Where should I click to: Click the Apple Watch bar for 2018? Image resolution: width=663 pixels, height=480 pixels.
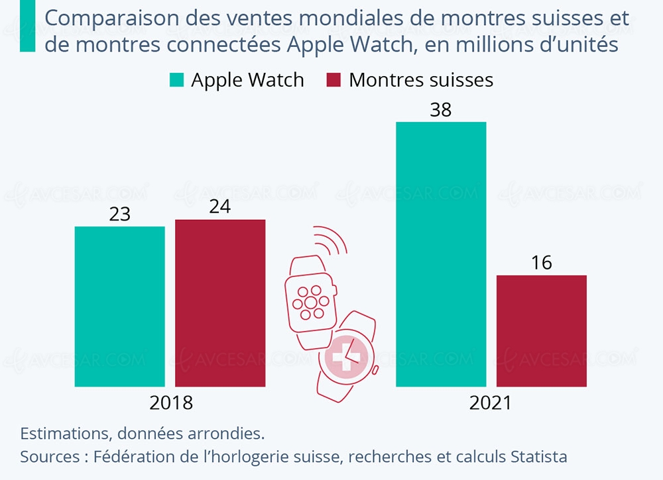119,306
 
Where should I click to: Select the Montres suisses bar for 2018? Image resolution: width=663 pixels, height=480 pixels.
220,303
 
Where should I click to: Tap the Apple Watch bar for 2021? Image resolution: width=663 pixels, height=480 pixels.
441,254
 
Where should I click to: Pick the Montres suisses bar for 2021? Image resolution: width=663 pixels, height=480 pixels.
542,330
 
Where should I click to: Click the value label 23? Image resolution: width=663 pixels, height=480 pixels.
119,215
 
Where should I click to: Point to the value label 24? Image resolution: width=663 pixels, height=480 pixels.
220,207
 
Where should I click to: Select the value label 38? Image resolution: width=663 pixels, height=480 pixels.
441,110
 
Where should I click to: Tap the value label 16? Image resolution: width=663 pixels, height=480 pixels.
542,263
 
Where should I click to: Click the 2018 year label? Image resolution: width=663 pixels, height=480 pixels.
171,403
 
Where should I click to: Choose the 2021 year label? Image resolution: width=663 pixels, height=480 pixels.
491,403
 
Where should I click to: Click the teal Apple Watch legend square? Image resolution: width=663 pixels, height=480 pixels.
176,81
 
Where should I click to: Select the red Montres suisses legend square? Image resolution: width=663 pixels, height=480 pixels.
333,81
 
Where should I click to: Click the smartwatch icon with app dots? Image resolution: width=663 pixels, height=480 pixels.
310,299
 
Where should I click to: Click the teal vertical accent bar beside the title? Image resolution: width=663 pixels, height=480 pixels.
27,26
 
